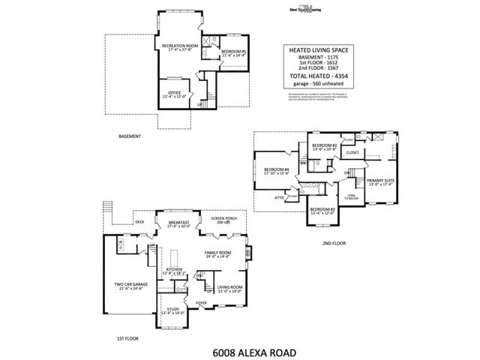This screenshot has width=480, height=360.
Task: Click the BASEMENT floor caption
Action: [131, 136]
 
